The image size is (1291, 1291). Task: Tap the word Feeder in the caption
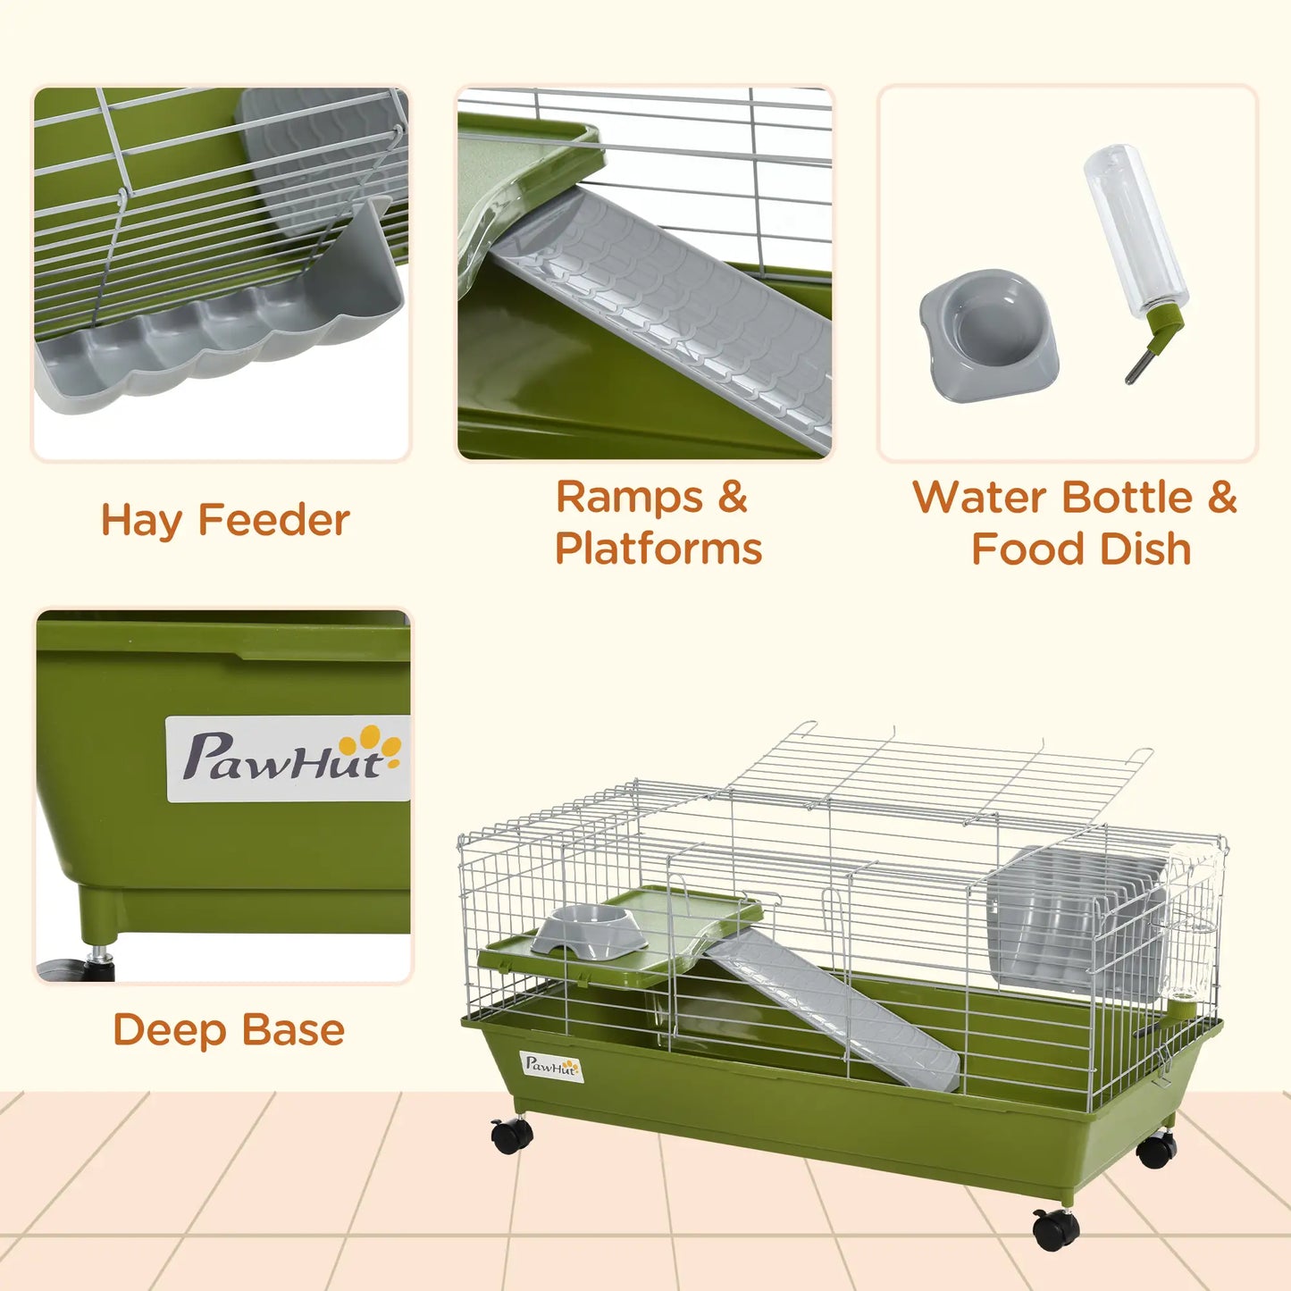(273, 520)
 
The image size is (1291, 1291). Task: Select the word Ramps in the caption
(629, 497)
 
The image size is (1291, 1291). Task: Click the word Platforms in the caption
(658, 549)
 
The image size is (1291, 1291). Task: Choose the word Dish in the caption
(1145, 549)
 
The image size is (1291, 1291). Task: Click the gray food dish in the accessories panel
(989, 334)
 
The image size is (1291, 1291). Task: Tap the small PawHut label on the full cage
(551, 1066)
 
